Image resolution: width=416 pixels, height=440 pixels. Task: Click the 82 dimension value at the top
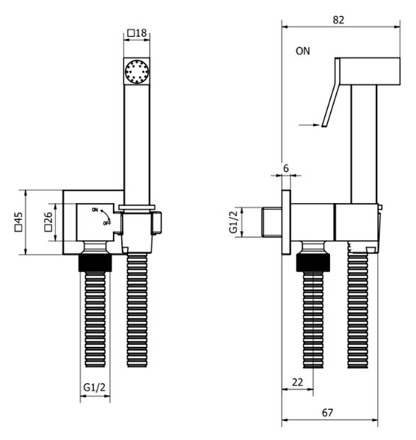[338, 21]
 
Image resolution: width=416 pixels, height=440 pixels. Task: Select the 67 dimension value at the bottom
[327, 413]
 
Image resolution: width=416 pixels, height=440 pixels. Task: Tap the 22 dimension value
[298, 382]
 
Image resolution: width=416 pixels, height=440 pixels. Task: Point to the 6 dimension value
[285, 169]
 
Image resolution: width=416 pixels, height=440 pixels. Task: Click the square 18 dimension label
[137, 33]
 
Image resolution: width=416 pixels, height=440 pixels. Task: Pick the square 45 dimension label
[18, 222]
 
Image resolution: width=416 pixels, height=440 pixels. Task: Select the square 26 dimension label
[48, 222]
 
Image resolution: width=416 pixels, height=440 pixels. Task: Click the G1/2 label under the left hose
[95, 387]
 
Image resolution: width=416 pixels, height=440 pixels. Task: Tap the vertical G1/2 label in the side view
[233, 221]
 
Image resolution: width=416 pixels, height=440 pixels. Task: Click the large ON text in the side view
[303, 51]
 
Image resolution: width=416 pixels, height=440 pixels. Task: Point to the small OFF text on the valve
[107, 224]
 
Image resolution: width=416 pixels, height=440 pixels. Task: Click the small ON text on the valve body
[95, 210]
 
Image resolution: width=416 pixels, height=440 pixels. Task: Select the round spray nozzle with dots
[136, 70]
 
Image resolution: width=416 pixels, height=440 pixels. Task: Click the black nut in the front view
[95, 263]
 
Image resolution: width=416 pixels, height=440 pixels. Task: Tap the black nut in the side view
[313, 263]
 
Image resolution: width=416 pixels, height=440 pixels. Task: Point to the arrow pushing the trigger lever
[310, 125]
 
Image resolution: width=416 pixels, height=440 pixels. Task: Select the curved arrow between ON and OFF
[105, 215]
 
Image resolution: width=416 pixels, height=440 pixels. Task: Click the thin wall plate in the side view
[286, 222]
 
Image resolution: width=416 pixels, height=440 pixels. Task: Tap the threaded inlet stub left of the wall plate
[271, 222]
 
